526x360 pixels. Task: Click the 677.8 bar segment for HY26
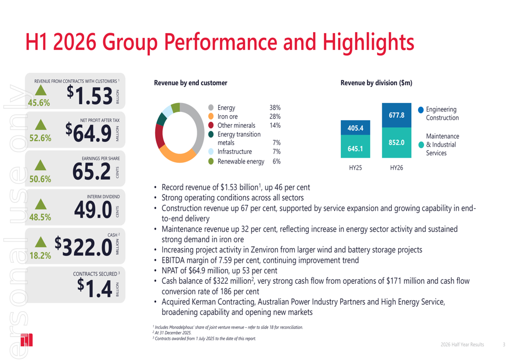397,115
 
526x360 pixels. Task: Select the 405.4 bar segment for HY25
356,128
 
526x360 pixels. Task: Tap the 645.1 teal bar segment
356,149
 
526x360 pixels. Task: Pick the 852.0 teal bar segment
397,142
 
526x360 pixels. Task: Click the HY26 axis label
397,167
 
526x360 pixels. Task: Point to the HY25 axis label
356,167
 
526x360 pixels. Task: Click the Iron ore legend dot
211,117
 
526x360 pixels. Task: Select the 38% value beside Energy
275,108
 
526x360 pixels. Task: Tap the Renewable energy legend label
241,161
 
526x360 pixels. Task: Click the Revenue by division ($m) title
376,83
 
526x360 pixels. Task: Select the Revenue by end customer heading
190,83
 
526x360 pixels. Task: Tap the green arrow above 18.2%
40,242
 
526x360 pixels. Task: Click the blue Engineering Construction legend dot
421,109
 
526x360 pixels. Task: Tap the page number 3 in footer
503,345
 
